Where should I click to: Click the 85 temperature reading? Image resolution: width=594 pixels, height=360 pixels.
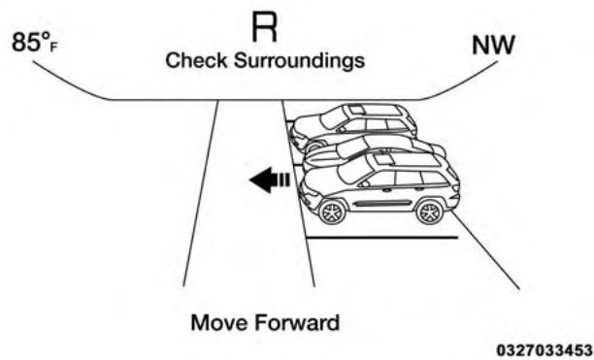[29, 45]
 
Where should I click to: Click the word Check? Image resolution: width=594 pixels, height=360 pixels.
[193, 61]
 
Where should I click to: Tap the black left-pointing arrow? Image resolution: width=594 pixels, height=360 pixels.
[267, 180]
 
